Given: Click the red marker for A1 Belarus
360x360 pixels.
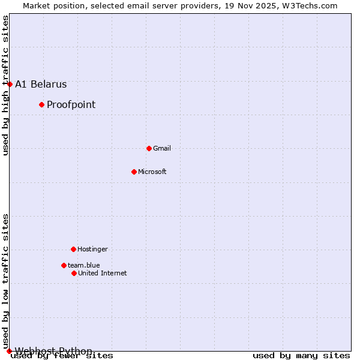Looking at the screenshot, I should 10,84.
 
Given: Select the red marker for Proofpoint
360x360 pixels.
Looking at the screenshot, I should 41,105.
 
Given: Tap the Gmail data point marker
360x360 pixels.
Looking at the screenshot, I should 149,148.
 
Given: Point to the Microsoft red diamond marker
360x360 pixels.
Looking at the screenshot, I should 134,172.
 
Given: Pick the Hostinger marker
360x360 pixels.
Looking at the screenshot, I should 73,249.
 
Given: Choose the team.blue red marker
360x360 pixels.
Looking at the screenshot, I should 64,265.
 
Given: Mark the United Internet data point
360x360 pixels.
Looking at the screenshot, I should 74,273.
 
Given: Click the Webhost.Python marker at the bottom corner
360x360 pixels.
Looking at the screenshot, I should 9,351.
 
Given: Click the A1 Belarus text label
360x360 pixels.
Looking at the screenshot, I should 41,85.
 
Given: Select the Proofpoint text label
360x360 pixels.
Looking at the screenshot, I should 71,105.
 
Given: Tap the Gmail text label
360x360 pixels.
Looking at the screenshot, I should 162,148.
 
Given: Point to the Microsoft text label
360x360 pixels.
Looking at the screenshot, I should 152,172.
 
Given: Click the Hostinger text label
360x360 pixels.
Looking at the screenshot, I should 92,249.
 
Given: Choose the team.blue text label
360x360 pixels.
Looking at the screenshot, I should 84,265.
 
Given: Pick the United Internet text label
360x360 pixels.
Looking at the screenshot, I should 103,273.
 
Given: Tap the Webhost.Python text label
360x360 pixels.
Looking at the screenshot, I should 54,351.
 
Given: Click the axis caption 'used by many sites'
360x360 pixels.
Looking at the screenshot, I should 301,356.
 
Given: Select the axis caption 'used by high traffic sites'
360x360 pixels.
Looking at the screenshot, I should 5,85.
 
